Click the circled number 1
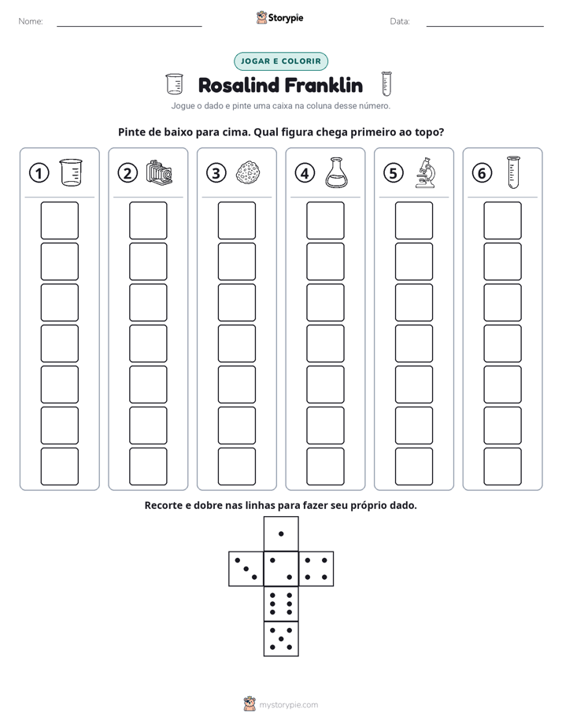[x=39, y=173]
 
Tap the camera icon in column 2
[x=159, y=173]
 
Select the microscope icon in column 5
[x=425, y=173]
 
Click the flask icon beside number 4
[x=336, y=173]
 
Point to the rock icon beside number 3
[x=248, y=173]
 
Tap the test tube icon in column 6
[x=513, y=172]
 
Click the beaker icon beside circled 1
[x=71, y=173]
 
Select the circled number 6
[x=482, y=173]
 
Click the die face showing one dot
[x=281, y=533]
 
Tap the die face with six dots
[x=281, y=603]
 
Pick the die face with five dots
[x=281, y=638]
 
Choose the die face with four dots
[x=316, y=568]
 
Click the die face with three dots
[x=246, y=568]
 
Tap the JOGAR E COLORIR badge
[x=281, y=61]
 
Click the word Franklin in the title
[x=324, y=85]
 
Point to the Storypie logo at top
[x=280, y=17]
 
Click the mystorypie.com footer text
[x=288, y=705]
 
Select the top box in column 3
[x=236, y=220]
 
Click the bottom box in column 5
[x=414, y=467]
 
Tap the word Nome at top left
[x=31, y=21]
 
